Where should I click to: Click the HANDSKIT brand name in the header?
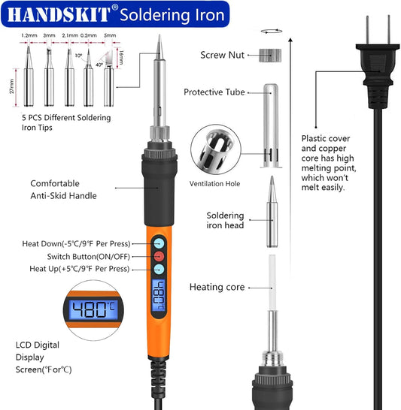coord(56,13)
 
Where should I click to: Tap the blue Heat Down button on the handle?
coord(159,243)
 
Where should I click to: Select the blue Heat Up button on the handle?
coord(159,268)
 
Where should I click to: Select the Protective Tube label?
coord(214,92)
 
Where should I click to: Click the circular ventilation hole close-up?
coord(217,150)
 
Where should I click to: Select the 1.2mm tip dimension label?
coord(29,35)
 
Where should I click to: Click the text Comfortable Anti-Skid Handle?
coord(64,189)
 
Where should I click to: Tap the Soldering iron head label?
coord(225,220)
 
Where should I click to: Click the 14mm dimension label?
coord(123,55)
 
